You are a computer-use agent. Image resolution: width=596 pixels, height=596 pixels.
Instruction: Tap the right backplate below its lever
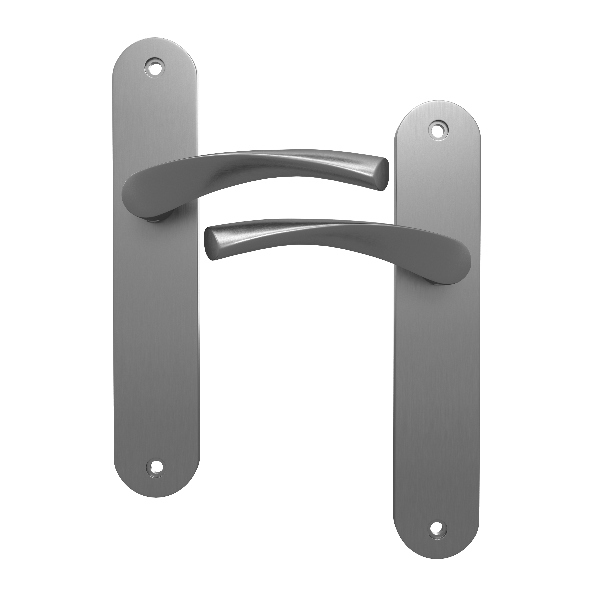(437, 401)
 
